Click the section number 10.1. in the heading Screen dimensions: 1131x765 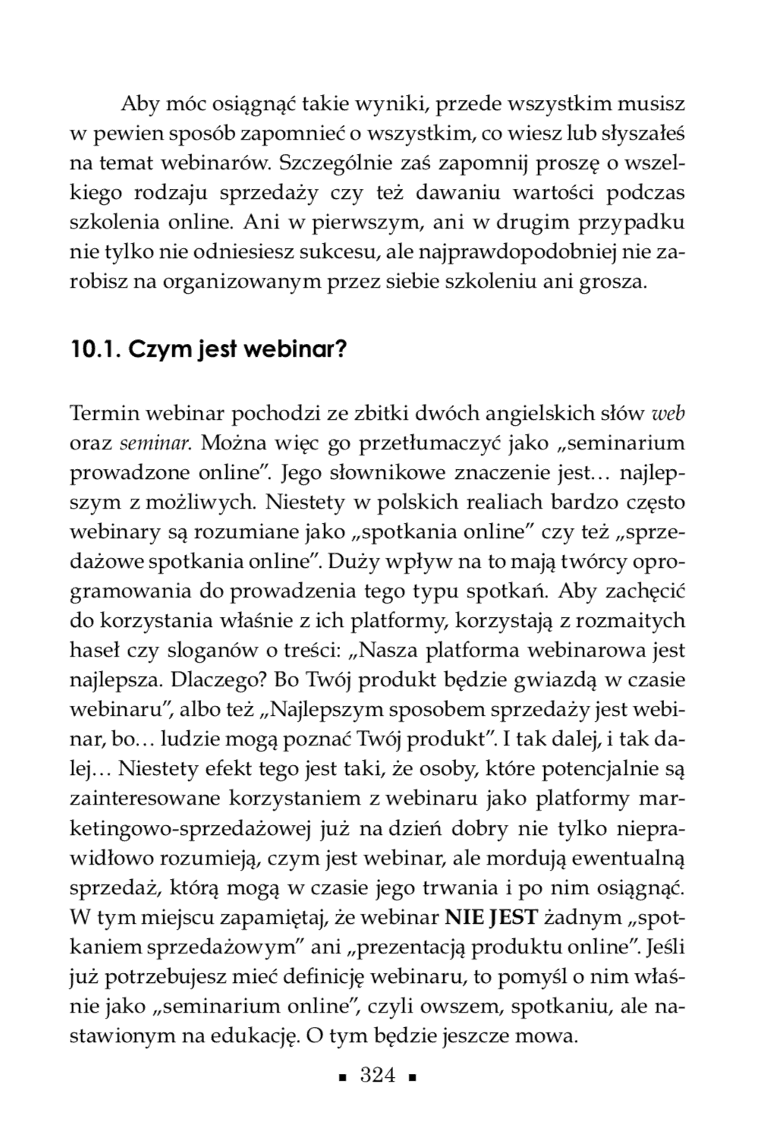(x=94, y=351)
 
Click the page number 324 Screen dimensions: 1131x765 (x=378, y=1076)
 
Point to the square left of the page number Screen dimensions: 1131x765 (x=343, y=1078)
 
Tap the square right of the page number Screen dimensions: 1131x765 (x=412, y=1078)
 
